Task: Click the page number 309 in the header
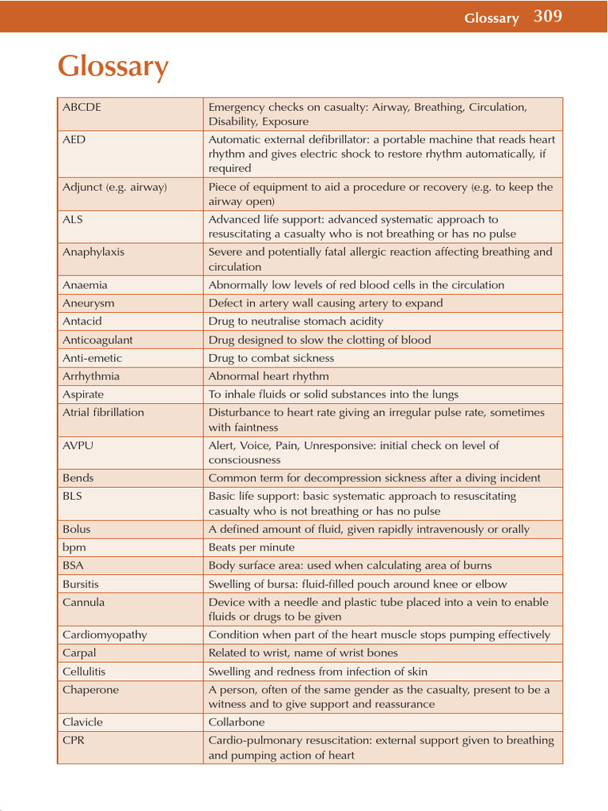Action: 548,16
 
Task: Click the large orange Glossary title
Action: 113,67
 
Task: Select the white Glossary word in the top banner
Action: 491,18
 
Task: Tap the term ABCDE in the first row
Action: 82,107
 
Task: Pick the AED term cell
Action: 74,139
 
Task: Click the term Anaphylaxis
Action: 93,252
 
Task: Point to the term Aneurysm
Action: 89,303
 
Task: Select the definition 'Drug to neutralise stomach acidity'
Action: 295,322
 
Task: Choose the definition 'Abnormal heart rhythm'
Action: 268,376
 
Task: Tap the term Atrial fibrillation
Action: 104,413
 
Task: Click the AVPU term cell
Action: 78,446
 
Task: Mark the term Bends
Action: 78,478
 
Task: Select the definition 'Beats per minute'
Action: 251,547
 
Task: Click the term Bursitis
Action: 81,584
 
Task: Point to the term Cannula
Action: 83,603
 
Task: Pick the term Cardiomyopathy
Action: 104,635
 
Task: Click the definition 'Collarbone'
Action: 236,722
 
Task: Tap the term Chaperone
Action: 90,690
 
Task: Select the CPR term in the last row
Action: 73,741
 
